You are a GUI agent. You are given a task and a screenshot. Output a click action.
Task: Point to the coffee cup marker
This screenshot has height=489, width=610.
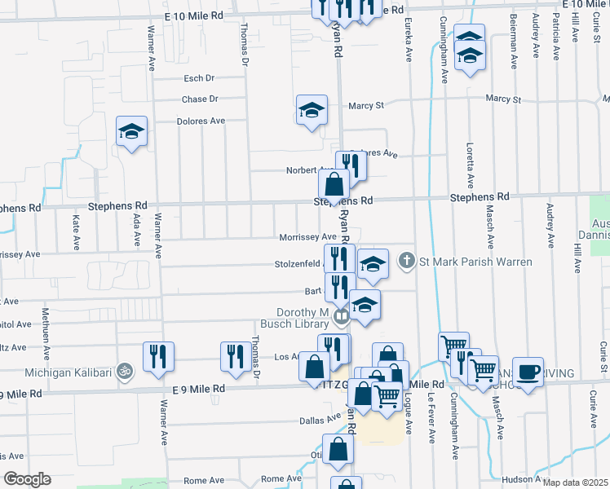tap(528, 372)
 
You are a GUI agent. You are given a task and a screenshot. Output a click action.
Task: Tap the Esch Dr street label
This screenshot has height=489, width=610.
tap(198, 78)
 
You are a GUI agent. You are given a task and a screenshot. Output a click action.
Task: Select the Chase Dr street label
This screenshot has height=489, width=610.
tap(200, 99)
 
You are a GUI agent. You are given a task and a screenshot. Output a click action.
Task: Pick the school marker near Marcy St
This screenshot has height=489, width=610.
tap(312, 111)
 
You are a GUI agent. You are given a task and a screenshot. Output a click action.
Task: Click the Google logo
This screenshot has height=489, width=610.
tap(26, 479)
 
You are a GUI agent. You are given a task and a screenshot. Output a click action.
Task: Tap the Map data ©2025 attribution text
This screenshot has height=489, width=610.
tap(575, 482)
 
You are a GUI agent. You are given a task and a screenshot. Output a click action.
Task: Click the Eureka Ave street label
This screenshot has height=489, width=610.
tap(406, 36)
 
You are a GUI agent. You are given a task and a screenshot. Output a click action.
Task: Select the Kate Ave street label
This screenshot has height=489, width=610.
tap(76, 231)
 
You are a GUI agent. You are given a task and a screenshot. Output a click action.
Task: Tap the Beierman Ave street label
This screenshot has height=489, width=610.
tap(512, 36)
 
